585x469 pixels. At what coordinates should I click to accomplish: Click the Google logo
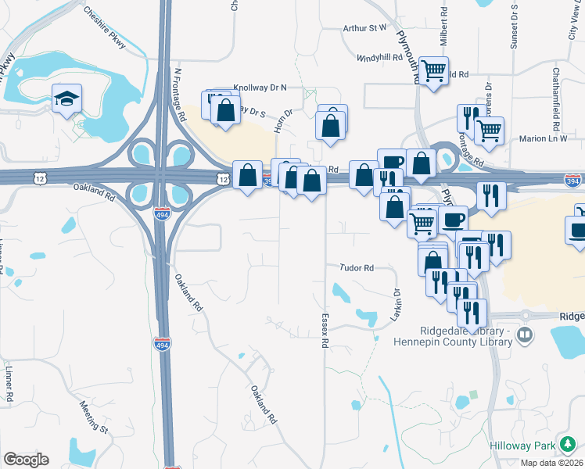(26, 460)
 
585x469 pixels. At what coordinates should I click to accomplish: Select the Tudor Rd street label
(357, 267)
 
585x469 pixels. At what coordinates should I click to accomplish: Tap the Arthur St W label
(365, 28)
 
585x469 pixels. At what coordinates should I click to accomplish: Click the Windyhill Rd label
(380, 58)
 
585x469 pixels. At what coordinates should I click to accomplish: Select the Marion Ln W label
(543, 139)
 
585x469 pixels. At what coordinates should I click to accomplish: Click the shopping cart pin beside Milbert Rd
(433, 71)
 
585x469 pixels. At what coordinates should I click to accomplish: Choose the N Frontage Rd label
(180, 95)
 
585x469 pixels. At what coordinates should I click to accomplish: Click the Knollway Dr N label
(260, 88)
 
